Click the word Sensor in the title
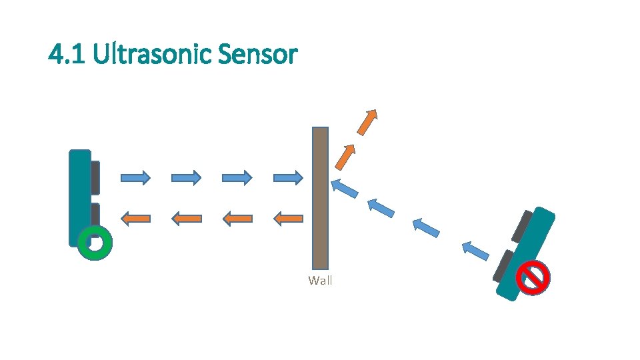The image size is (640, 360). (x=257, y=54)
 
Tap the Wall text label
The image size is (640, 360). (x=320, y=281)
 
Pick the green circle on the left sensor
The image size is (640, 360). (x=95, y=243)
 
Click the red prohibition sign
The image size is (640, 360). (x=535, y=277)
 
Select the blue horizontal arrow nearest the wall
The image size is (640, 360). (x=289, y=177)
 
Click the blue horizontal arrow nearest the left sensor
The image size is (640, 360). (x=135, y=177)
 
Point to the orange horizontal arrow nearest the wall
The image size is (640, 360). (x=289, y=217)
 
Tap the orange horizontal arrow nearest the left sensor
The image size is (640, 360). (x=135, y=217)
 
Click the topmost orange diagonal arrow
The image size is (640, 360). (x=367, y=121)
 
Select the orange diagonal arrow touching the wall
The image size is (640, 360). (x=345, y=157)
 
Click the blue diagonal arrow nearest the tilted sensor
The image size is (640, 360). (x=475, y=251)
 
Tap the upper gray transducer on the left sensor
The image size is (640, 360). (x=95, y=177)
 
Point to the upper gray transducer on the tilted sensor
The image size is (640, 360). (x=521, y=225)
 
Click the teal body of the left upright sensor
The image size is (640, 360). (x=79, y=193)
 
